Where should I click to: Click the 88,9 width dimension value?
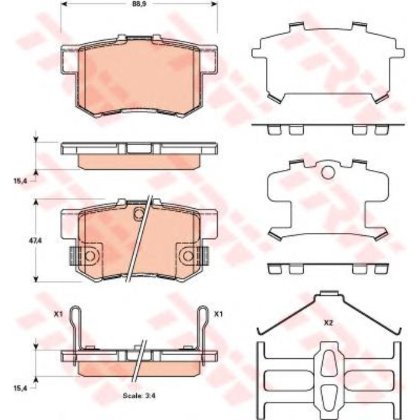click(x=139, y=4)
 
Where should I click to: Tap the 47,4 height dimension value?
click(x=35, y=241)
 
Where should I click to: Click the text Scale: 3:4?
click(x=139, y=395)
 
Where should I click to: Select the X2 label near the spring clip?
click(x=328, y=323)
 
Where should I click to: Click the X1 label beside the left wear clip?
click(x=58, y=314)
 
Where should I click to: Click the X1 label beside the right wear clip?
click(x=218, y=314)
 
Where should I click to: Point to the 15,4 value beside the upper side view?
click(x=20, y=181)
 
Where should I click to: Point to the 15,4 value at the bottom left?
click(x=20, y=388)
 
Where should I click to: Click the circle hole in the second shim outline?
click(x=328, y=173)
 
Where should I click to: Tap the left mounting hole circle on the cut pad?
click(x=90, y=256)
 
